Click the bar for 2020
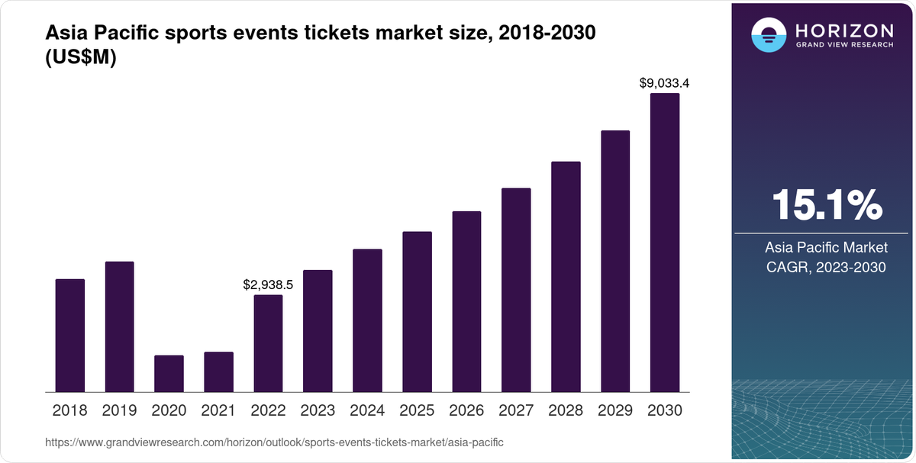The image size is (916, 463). [x=169, y=374]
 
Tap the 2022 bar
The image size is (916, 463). [x=268, y=343]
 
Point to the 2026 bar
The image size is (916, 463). [x=466, y=301]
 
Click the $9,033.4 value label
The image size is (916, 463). [x=664, y=83]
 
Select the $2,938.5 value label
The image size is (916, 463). [x=268, y=285]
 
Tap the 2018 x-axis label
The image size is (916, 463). [x=69, y=410]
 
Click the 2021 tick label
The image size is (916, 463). [x=218, y=410]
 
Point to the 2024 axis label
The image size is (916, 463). [x=367, y=410]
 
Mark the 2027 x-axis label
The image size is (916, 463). [x=516, y=410]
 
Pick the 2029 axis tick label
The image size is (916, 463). [x=615, y=410]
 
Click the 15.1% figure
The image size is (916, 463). [x=827, y=205]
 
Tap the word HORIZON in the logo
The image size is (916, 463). [x=843, y=31]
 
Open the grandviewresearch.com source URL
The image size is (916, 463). [x=274, y=442]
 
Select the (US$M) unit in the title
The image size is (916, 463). [x=81, y=59]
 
